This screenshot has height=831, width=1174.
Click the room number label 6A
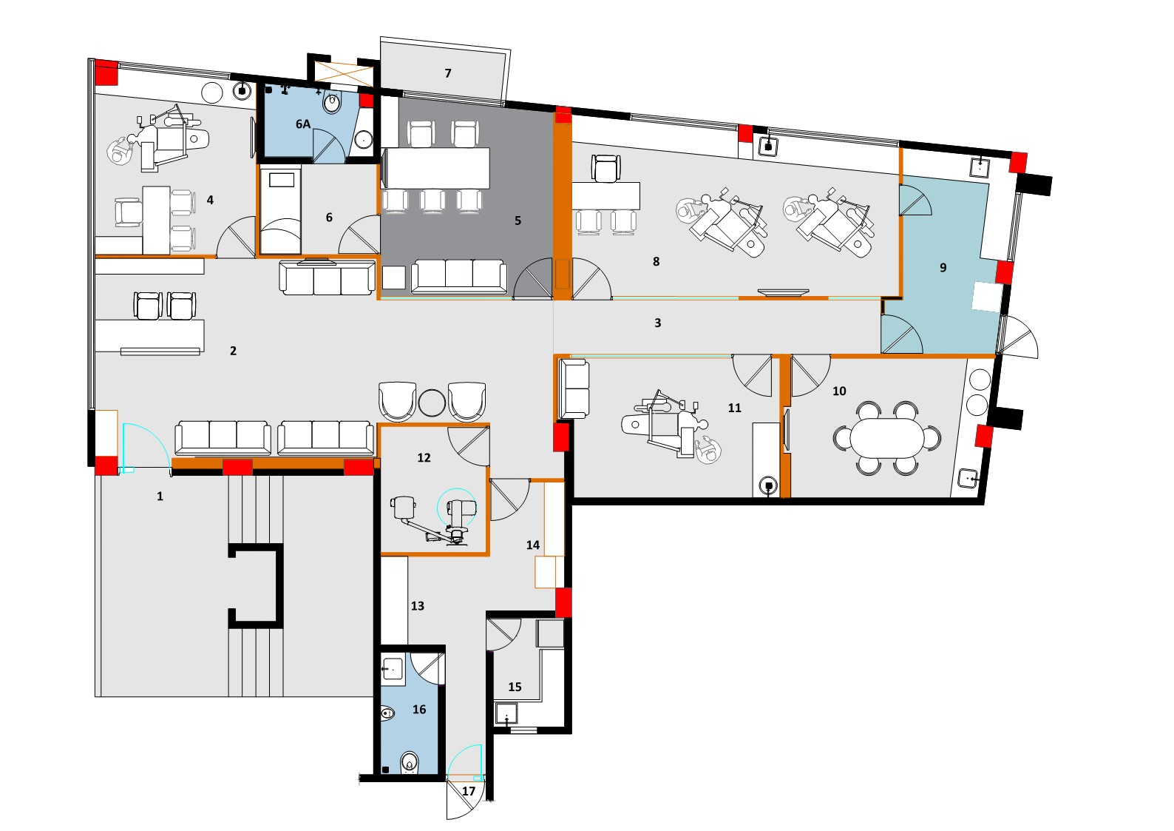[x=303, y=124]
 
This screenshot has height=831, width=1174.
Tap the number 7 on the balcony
[x=448, y=73]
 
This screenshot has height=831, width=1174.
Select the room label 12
[x=424, y=458]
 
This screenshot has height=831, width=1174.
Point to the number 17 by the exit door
[x=469, y=791]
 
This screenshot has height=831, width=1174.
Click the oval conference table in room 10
[x=886, y=437]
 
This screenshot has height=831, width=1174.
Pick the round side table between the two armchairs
[x=432, y=402]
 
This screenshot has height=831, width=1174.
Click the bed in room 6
[x=280, y=210]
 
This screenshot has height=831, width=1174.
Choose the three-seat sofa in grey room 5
[x=459, y=275]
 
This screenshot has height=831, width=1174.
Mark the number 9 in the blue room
[x=943, y=268]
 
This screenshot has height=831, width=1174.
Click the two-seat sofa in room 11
[x=574, y=388]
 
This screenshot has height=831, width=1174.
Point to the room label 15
[x=515, y=687]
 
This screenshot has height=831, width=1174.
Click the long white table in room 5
[x=438, y=169]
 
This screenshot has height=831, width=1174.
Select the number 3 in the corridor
[x=657, y=323]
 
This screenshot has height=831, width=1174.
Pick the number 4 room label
[x=210, y=200]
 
